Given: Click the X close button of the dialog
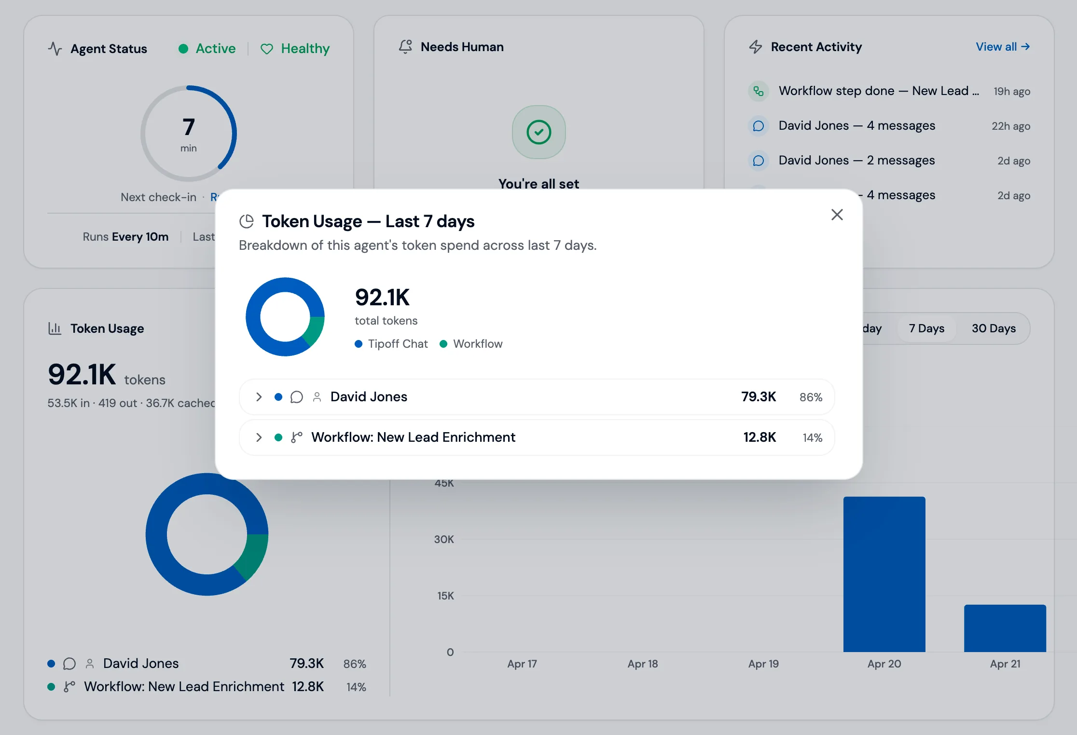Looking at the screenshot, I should coord(837,215).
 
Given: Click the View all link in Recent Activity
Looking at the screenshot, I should coord(1002,47).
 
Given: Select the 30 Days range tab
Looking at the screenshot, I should coord(993,328).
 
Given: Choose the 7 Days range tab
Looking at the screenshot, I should coord(926,328).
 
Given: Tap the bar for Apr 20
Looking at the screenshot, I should coord(884,574).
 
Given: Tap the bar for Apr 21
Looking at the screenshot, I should coord(1005,628).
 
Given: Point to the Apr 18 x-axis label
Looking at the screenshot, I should coord(642,664).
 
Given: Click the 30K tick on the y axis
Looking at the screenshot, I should coord(443,539).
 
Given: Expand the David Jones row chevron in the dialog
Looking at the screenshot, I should coord(259,397).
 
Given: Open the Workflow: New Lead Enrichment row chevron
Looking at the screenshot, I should coord(259,437).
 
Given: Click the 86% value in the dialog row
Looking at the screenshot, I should coord(811,397).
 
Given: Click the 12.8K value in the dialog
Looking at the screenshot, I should coord(759,437).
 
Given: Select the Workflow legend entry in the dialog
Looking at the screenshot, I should coord(471,344).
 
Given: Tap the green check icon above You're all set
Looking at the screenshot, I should coord(538,132).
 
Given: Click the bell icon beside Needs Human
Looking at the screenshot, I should coord(405,46).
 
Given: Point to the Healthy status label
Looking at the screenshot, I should coord(305,49).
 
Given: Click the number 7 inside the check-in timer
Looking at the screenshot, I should coord(189,127).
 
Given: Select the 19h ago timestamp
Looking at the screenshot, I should coord(1011,92).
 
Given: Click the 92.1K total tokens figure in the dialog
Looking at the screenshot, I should coord(382,297).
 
